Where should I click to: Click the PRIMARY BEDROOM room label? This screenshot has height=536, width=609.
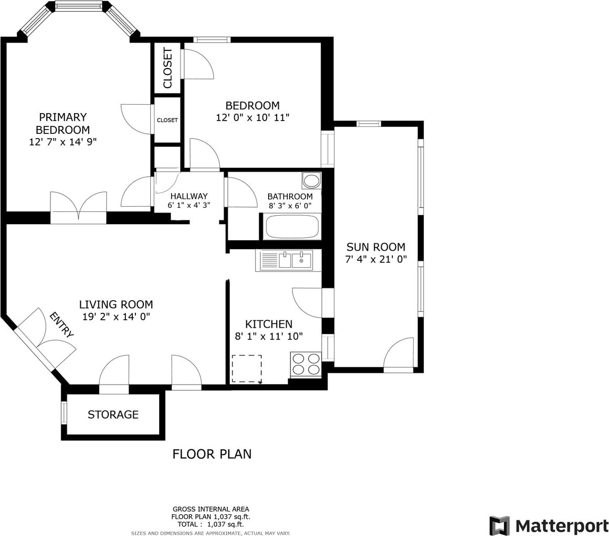pyautogui.click(x=63, y=123)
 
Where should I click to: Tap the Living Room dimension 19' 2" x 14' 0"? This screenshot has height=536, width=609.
pyautogui.click(x=116, y=317)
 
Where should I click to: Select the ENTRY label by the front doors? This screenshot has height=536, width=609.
pyautogui.click(x=62, y=325)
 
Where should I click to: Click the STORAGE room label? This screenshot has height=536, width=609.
pyautogui.click(x=113, y=414)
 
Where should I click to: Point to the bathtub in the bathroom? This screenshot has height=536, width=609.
pyautogui.click(x=291, y=227)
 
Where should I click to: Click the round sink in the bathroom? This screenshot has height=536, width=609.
pyautogui.click(x=311, y=181)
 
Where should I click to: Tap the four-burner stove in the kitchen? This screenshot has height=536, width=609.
pyautogui.click(x=305, y=364)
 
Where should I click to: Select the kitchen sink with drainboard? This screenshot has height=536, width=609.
pyautogui.click(x=288, y=260)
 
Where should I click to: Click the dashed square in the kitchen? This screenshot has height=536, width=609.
pyautogui.click(x=247, y=369)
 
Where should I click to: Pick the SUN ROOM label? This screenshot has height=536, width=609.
pyautogui.click(x=375, y=247)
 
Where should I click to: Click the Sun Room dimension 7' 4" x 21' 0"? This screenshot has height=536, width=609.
pyautogui.click(x=376, y=259)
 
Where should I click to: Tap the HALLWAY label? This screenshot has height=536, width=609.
pyautogui.click(x=189, y=197)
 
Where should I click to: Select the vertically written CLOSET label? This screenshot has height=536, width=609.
pyautogui.click(x=167, y=67)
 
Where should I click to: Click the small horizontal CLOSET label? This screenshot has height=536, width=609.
pyautogui.click(x=167, y=120)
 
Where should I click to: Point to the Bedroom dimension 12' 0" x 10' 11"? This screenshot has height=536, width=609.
pyautogui.click(x=253, y=117)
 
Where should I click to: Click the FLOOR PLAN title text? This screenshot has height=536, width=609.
pyautogui.click(x=212, y=454)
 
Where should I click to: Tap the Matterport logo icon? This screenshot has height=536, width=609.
pyautogui.click(x=500, y=526)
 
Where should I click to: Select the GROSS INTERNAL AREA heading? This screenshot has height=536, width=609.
pyautogui.click(x=211, y=509)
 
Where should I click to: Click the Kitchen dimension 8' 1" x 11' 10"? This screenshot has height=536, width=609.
pyautogui.click(x=269, y=336)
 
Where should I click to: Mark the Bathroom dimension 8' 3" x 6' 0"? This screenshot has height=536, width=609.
pyautogui.click(x=290, y=206)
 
